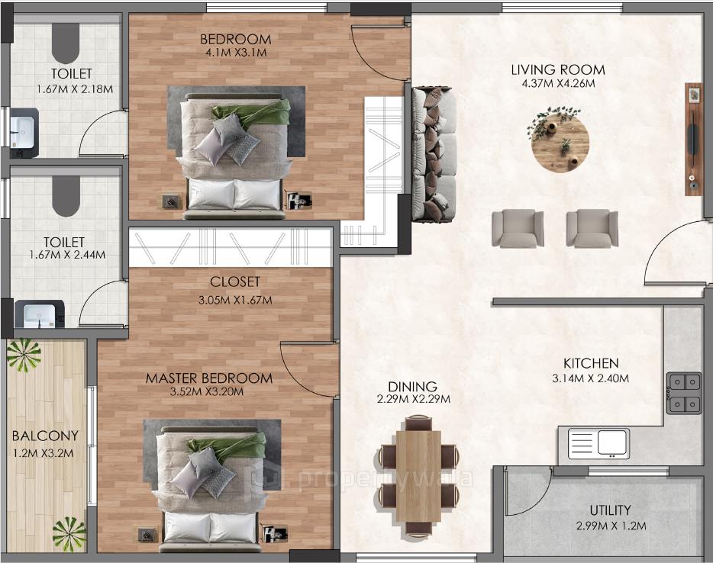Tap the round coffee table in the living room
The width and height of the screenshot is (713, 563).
click(560, 142)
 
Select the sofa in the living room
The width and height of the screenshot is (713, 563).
click(434, 154)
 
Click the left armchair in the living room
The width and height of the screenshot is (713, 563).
click(517, 228)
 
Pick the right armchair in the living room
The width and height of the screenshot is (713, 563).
click(592, 228)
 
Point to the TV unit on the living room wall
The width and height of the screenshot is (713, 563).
click(692, 139)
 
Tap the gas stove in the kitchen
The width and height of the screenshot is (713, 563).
click(683, 392)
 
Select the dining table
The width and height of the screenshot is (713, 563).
click(418, 476)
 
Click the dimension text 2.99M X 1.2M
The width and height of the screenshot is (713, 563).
click(610, 526)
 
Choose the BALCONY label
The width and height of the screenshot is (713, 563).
click(45, 436)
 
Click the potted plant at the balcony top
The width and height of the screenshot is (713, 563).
click(24, 355)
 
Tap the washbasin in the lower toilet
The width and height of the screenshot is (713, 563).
click(38, 314)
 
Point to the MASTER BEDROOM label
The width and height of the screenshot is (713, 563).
click(208, 378)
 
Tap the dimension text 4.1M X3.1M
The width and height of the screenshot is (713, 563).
click(235, 53)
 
